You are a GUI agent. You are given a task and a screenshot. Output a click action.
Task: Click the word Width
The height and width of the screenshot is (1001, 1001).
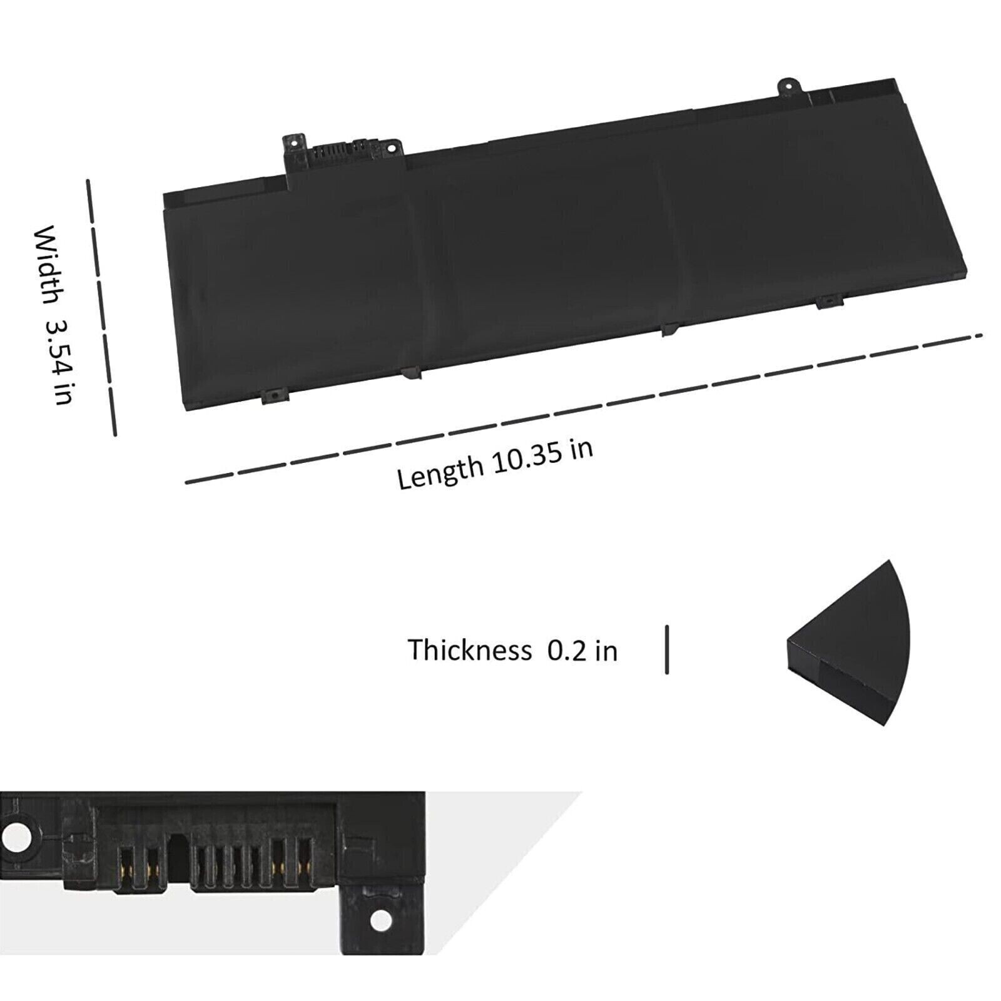tap(48, 266)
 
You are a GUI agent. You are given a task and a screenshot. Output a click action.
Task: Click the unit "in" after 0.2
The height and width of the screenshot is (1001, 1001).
tap(606, 651)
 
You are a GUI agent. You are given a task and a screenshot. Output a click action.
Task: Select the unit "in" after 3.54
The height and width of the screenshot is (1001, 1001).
tap(64, 394)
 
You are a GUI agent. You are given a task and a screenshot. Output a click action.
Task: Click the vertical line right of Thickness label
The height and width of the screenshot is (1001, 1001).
tap(667, 649)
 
